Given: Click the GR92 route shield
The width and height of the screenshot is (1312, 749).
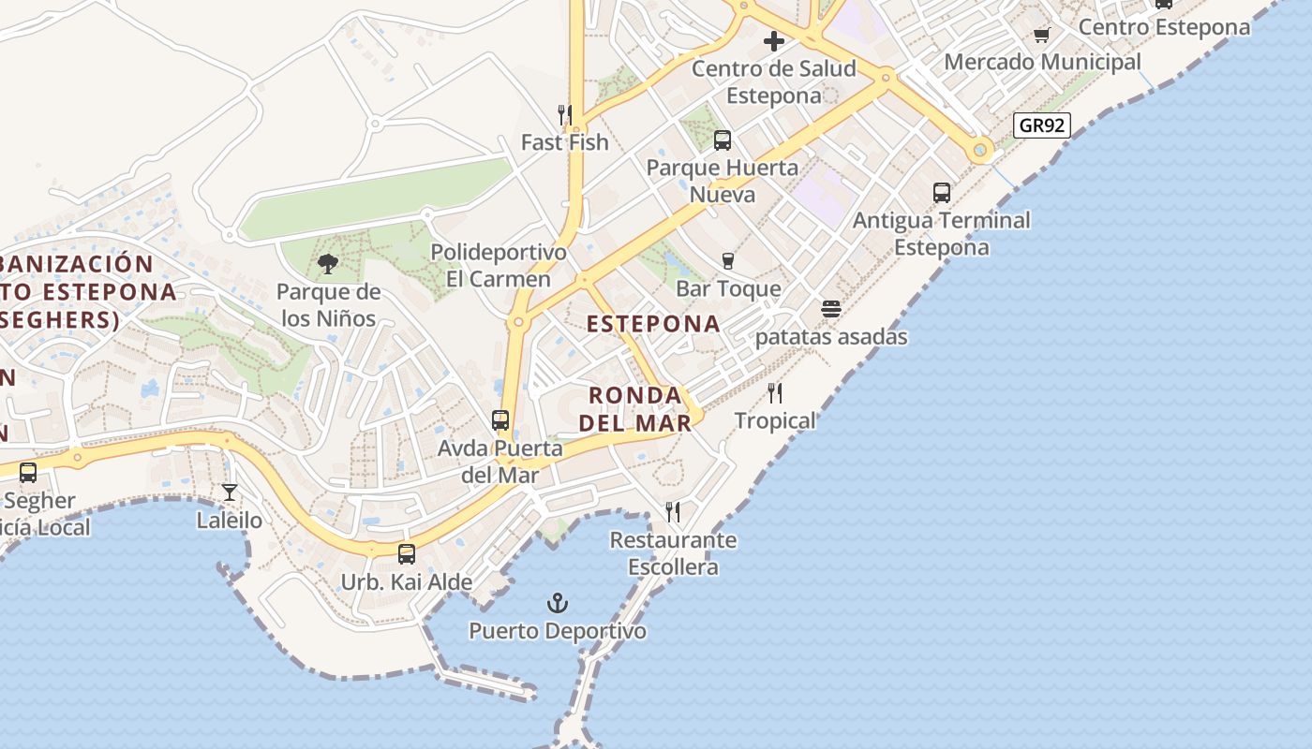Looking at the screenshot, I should (1041, 125).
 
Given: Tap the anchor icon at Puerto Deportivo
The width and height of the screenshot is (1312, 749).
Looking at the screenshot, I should (558, 602).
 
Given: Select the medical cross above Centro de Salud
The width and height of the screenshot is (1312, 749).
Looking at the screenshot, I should (774, 41).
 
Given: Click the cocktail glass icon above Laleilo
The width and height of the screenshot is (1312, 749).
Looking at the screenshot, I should (230, 492).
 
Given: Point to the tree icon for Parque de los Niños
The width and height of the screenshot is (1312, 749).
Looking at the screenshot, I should (328, 264).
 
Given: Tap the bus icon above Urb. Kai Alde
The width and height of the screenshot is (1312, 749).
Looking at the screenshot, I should (407, 553).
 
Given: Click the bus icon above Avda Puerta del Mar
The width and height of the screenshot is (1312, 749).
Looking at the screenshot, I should (500, 420).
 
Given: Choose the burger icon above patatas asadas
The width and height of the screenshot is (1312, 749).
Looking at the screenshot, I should (831, 309).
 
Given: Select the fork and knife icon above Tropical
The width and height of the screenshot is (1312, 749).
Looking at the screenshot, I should (775, 392).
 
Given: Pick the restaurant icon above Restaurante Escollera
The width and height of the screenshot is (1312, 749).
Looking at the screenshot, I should (673, 511).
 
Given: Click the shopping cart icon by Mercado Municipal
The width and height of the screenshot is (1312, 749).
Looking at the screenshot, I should (1041, 36).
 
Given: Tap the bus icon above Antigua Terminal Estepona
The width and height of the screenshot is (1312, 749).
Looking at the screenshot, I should (942, 193).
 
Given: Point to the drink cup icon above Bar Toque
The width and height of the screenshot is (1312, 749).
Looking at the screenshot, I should (728, 260).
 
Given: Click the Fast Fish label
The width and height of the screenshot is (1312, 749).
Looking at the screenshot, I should (565, 142).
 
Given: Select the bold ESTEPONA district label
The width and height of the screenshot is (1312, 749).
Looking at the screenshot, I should (653, 324).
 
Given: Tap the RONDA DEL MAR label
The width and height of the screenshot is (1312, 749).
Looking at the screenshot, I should (635, 408).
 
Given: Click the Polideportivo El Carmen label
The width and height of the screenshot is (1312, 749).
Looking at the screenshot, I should (498, 265).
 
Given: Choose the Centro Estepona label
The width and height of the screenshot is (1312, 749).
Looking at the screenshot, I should (1164, 27).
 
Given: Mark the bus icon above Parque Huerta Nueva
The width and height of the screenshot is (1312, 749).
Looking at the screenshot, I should (723, 140).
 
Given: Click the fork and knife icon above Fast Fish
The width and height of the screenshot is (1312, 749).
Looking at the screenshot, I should (564, 115).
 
